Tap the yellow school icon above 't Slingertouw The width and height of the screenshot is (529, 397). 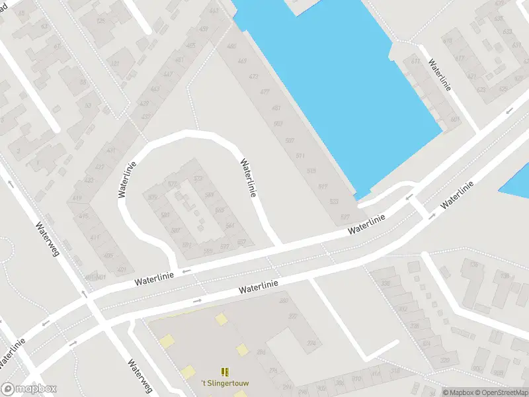click(x=224, y=372)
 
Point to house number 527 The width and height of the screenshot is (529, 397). click(x=345, y=217)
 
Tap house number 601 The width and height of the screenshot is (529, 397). click(x=454, y=120)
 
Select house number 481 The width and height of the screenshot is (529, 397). click(x=276, y=108)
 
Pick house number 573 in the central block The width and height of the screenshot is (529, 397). click(x=173, y=184)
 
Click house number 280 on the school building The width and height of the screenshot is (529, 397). click(x=284, y=301)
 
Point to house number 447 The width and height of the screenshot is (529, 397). click(x=168, y=74)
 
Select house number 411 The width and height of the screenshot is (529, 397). click(x=95, y=238)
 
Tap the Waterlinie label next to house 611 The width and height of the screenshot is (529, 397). click(x=439, y=75)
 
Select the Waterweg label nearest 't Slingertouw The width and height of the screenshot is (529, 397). click(x=141, y=375)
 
